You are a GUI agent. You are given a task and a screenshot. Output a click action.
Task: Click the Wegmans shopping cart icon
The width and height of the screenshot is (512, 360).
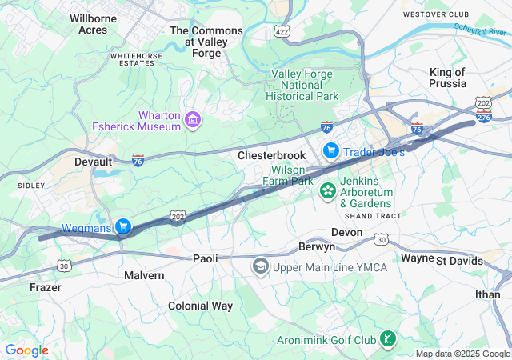[x=122, y=227]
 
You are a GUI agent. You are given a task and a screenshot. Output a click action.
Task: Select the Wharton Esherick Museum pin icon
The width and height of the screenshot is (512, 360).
[x=192, y=121]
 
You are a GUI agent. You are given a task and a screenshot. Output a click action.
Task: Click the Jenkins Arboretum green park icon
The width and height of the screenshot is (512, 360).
[x=327, y=191]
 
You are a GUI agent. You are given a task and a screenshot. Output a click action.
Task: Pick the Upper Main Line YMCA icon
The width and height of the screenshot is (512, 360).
[x=260, y=266]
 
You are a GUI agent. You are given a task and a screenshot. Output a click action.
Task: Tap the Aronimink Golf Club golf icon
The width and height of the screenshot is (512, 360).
[x=387, y=339]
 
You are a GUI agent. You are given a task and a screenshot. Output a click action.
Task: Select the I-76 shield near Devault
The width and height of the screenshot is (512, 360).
[x=138, y=160]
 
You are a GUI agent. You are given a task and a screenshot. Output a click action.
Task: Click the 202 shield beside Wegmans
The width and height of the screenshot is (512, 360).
[x=178, y=216]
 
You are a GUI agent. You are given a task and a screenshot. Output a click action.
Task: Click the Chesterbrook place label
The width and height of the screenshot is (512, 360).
[x=271, y=155]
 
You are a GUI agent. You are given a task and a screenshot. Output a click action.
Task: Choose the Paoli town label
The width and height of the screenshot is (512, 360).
[x=206, y=258]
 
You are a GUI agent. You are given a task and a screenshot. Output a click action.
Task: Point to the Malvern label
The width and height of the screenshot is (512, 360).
[x=144, y=275]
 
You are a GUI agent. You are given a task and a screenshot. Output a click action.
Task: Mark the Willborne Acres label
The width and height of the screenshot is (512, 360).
[x=94, y=24]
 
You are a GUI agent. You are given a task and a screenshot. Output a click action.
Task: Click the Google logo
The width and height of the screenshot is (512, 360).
[x=26, y=350]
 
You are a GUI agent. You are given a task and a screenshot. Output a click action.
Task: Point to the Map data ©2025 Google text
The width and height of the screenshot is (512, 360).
[x=462, y=354]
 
